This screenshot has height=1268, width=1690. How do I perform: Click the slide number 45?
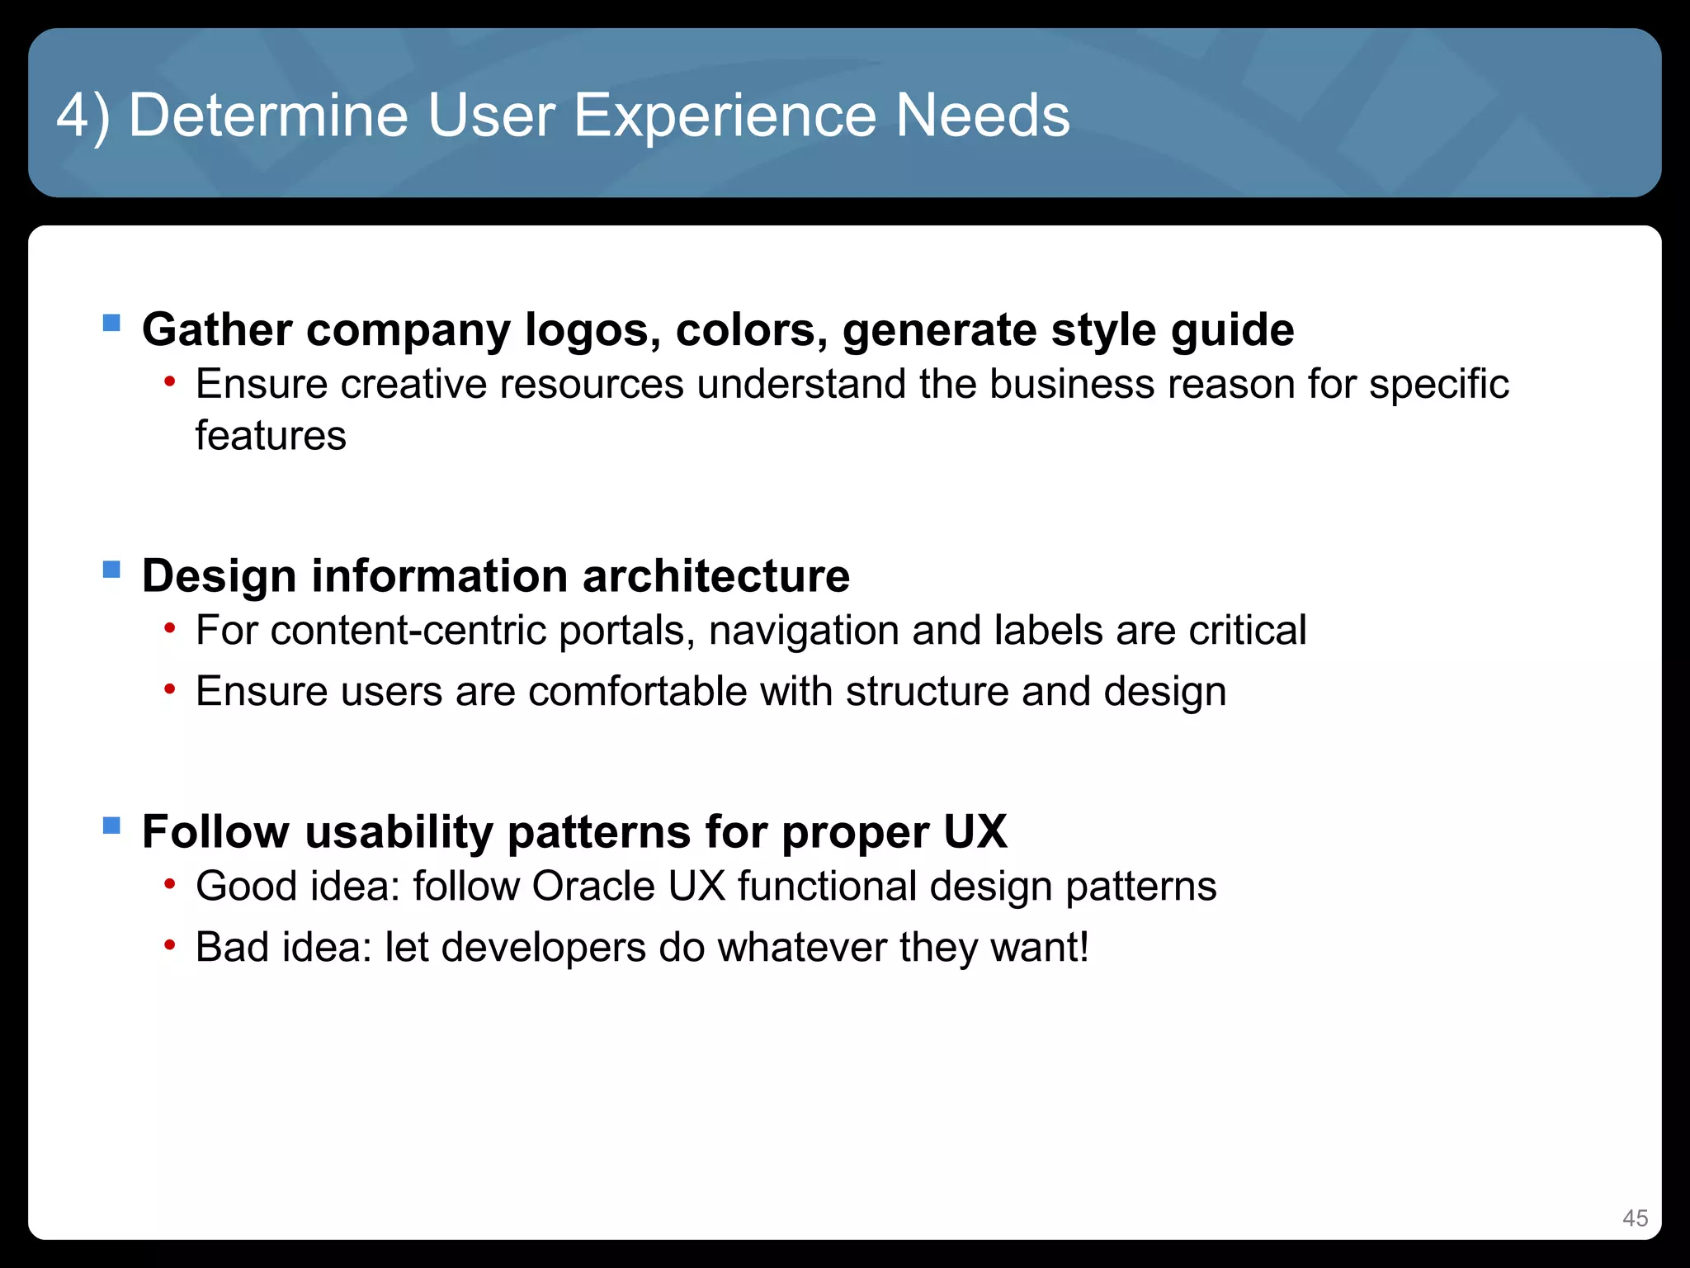(x=1635, y=1218)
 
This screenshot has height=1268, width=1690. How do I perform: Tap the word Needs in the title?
(x=982, y=115)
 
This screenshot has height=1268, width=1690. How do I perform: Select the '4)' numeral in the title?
(x=83, y=116)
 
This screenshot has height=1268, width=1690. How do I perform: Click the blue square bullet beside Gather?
(x=111, y=322)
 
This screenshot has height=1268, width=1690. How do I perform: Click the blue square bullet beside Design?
(x=111, y=569)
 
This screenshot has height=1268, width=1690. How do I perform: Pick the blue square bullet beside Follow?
(x=111, y=825)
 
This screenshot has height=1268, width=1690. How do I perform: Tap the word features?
(x=271, y=435)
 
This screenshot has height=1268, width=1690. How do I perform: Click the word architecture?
(x=715, y=575)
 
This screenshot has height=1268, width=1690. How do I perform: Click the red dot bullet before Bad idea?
(x=169, y=944)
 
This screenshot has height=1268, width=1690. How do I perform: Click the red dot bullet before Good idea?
(x=169, y=884)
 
